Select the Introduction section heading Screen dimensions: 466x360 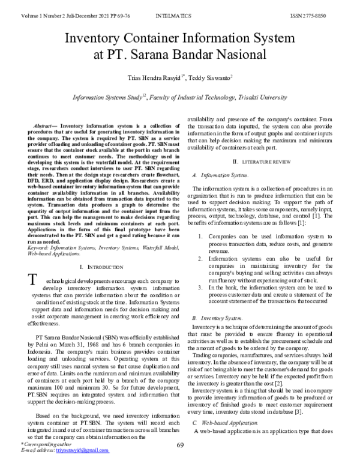pyautogui.click(x=102, y=266)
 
